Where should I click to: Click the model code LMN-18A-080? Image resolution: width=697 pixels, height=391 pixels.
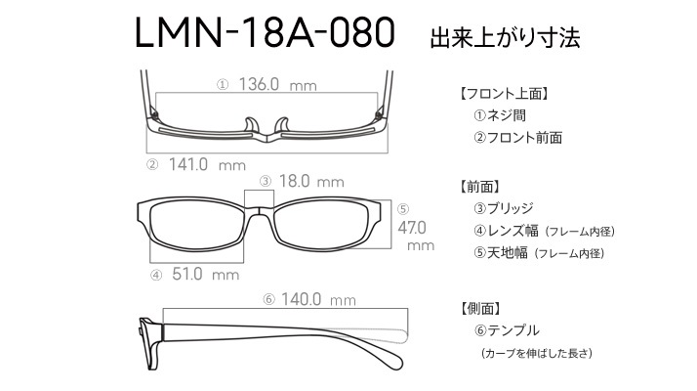point(265,33)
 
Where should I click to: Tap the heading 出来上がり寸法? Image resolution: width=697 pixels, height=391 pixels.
point(505,37)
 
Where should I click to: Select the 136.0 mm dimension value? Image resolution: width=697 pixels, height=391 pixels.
point(278,84)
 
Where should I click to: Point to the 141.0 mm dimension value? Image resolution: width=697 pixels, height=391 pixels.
point(207,165)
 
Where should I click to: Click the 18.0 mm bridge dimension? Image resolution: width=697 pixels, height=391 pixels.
point(311,181)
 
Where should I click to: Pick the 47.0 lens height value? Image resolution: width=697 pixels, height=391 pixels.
point(412,228)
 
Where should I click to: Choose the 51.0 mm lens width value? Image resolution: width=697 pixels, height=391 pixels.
point(205,274)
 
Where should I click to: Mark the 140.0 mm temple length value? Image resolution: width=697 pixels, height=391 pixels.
point(318,299)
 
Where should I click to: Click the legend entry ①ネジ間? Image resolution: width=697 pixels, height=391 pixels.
point(500,115)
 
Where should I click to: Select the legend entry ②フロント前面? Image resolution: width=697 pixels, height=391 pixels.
point(517,138)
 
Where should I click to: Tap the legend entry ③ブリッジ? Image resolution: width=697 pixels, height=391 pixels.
point(503,208)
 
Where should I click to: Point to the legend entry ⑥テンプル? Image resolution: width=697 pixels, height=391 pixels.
point(507,330)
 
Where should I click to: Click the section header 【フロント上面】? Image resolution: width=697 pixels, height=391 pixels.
point(504,94)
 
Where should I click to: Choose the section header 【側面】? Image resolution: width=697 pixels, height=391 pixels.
point(480,308)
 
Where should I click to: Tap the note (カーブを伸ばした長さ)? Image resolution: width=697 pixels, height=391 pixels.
point(537,353)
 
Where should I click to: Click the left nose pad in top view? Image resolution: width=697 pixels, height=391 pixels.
point(251,125)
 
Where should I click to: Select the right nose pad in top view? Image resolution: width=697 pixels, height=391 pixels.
point(282,125)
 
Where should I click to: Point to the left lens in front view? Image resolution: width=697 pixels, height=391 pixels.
point(196,226)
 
